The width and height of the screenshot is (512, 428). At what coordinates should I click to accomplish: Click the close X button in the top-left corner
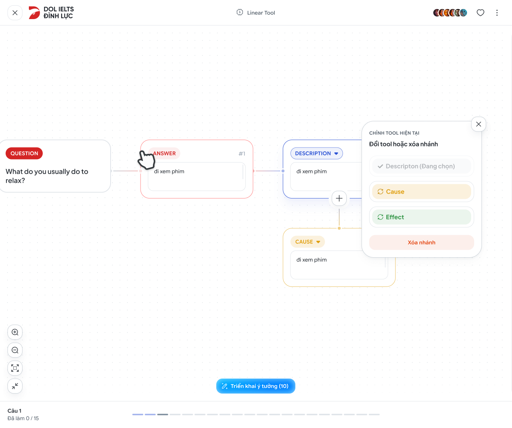click(x=15, y=13)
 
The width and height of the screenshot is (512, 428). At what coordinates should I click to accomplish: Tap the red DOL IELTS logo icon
click(x=34, y=13)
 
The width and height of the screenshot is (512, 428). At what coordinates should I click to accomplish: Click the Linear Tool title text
click(x=261, y=13)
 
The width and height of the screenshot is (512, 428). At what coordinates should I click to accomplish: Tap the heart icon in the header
click(x=481, y=13)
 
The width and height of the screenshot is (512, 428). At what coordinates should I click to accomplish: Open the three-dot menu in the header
click(x=497, y=13)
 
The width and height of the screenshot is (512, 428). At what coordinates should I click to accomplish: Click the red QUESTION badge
click(x=24, y=154)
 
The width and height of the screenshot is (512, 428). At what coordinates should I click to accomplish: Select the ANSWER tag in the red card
click(x=164, y=154)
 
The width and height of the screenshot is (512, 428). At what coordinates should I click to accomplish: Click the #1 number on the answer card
click(x=242, y=154)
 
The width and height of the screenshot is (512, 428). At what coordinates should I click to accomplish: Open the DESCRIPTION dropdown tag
click(x=317, y=154)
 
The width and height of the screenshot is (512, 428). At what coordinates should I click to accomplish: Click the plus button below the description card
click(x=339, y=198)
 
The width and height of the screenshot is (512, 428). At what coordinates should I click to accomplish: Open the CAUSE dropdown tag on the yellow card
click(x=307, y=242)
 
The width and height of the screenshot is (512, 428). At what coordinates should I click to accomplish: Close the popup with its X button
click(x=478, y=124)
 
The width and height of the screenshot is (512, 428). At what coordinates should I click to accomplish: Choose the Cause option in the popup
click(x=422, y=192)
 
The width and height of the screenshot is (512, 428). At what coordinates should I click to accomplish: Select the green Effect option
click(x=422, y=217)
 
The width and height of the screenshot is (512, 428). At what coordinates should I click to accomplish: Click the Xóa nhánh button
click(x=422, y=243)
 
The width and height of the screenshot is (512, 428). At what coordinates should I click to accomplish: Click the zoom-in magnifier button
click(x=15, y=332)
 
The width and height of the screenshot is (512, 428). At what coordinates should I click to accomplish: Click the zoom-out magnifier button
click(x=15, y=350)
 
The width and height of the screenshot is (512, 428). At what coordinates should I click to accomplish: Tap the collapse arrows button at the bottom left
click(x=15, y=386)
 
